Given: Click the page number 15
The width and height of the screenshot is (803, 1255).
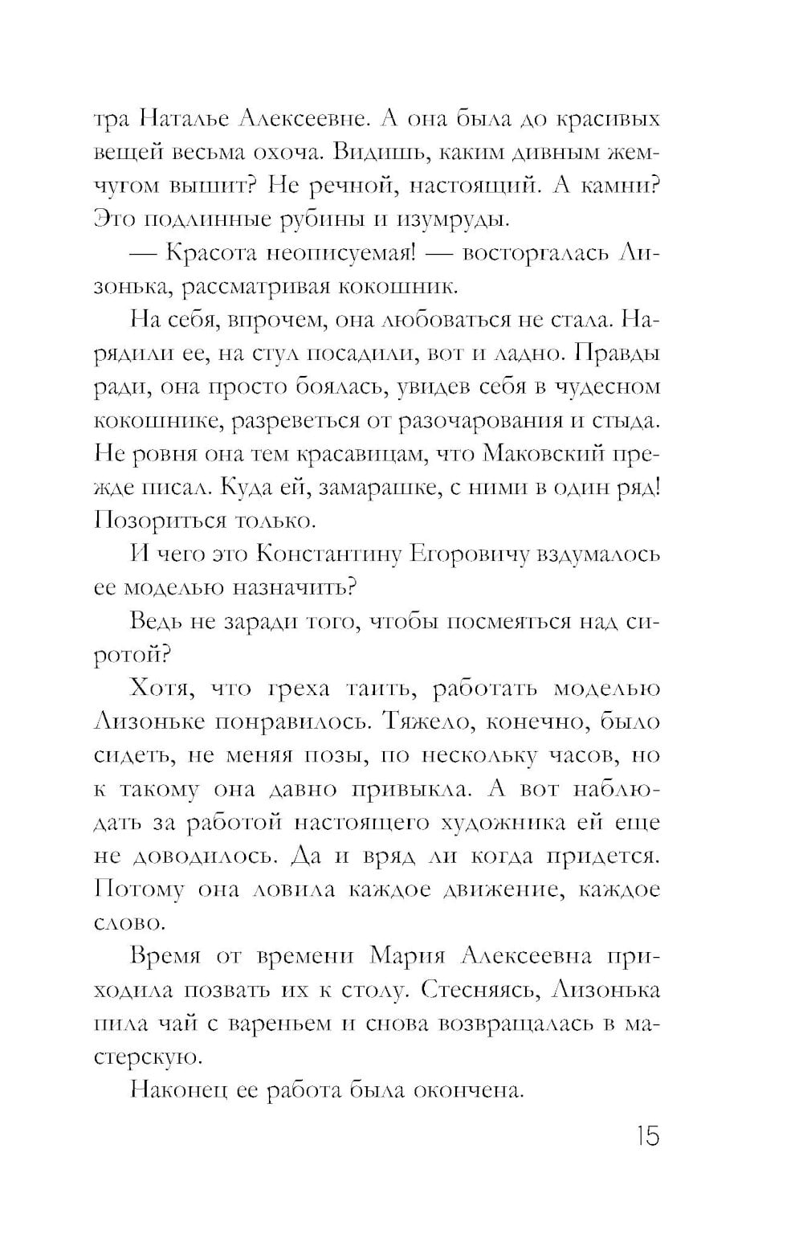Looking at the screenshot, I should point(645,1137).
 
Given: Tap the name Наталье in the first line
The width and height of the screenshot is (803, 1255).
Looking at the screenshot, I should point(186,120).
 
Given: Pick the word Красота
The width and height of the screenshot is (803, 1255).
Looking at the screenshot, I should point(213,253).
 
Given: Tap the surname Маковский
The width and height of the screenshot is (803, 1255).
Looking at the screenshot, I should point(544,454).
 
